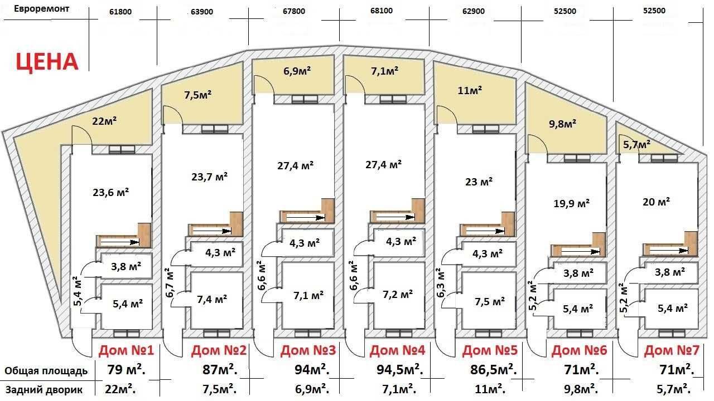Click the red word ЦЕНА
pos(47,62)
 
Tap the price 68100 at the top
pos(382,11)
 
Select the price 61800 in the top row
pos(120,12)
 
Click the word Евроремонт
pos(41,8)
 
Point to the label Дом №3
pos(308,350)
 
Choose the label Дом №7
pos(672,350)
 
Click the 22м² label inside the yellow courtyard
pos(104,121)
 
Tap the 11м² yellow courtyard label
pos(470,90)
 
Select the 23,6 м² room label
pos(110,192)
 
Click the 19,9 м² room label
pos(571,203)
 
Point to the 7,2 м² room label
pos(398,295)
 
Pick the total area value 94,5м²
pos(400,370)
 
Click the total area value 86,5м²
pos(494,370)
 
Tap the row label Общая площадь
pos(46,371)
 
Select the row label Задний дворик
pos(44,390)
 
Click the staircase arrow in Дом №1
pos(120,242)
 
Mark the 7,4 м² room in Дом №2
pos(212,299)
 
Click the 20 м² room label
pos(656,202)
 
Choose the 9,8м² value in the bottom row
pos(580,389)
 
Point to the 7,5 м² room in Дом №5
pos(490,301)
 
